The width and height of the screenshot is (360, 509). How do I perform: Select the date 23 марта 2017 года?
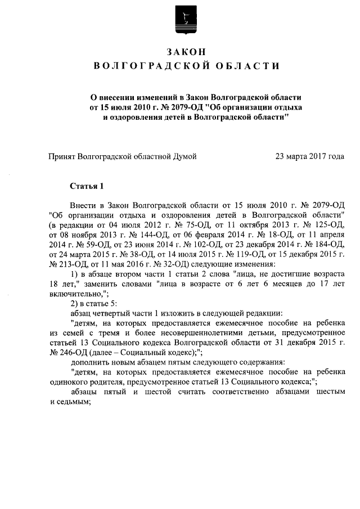[309, 156]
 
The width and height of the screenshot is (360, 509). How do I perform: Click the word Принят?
[62, 156]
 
